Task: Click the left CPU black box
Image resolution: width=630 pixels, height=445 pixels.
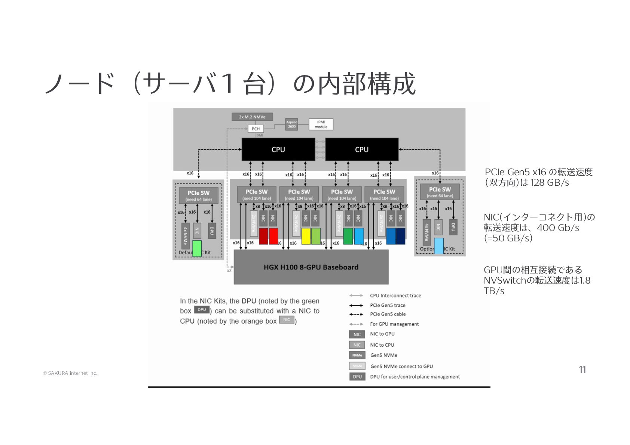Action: [278, 149]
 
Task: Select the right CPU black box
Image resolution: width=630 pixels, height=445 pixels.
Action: [361, 149]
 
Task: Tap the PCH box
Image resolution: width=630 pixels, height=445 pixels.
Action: [256, 129]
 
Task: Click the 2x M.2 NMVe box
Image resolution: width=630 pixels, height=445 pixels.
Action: [252, 117]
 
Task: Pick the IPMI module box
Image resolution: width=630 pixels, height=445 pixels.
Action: [321, 124]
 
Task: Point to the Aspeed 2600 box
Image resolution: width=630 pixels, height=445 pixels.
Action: [291, 124]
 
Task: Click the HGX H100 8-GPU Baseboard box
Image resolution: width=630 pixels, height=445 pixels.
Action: [311, 267]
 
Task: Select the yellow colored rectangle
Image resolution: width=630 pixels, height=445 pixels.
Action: [306, 236]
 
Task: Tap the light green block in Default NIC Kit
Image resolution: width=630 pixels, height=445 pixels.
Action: [197, 248]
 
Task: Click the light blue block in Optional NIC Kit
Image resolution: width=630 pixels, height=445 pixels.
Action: [439, 246]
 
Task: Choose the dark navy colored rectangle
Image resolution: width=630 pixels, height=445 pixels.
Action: [401, 236]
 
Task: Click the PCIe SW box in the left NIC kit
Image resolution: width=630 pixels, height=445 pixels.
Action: [198, 195]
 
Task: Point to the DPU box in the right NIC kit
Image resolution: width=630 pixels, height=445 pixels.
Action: [453, 227]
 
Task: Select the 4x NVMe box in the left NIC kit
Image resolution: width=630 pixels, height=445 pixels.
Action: [185, 236]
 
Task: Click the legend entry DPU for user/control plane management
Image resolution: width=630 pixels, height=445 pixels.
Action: [415, 377]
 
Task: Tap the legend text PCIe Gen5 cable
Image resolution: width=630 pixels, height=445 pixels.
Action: [388, 314]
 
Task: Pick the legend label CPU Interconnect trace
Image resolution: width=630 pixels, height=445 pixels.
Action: [395, 296]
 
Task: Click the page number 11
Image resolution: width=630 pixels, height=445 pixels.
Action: [582, 370]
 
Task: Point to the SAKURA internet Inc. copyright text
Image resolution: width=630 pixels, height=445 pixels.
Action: [70, 373]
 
